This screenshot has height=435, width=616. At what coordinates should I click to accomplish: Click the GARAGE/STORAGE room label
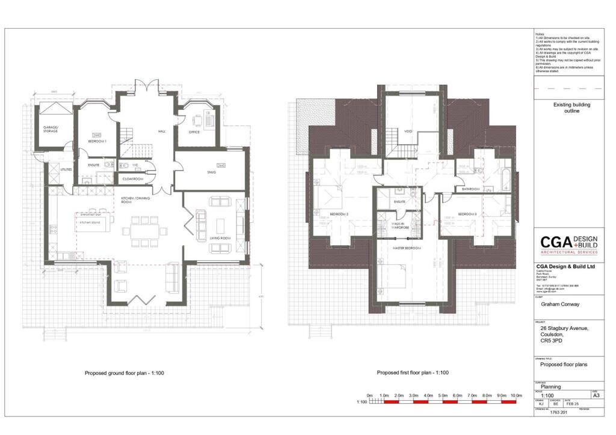(49, 129)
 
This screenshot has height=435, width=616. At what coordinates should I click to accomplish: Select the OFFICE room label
(194, 132)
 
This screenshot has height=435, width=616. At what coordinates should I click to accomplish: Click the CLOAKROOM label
(132, 178)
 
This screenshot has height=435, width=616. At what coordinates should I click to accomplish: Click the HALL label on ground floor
(161, 131)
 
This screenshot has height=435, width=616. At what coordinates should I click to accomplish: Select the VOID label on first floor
(408, 131)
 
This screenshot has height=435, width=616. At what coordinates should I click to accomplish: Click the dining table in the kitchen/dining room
(144, 231)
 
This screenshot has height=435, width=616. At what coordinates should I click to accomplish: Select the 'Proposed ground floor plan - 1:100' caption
(125, 373)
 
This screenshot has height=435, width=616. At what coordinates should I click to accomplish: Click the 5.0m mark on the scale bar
(442, 395)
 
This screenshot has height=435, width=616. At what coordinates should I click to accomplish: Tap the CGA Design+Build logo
(568, 245)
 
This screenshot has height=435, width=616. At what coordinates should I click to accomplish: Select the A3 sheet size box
(596, 396)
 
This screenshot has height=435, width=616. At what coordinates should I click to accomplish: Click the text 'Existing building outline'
(571, 108)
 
